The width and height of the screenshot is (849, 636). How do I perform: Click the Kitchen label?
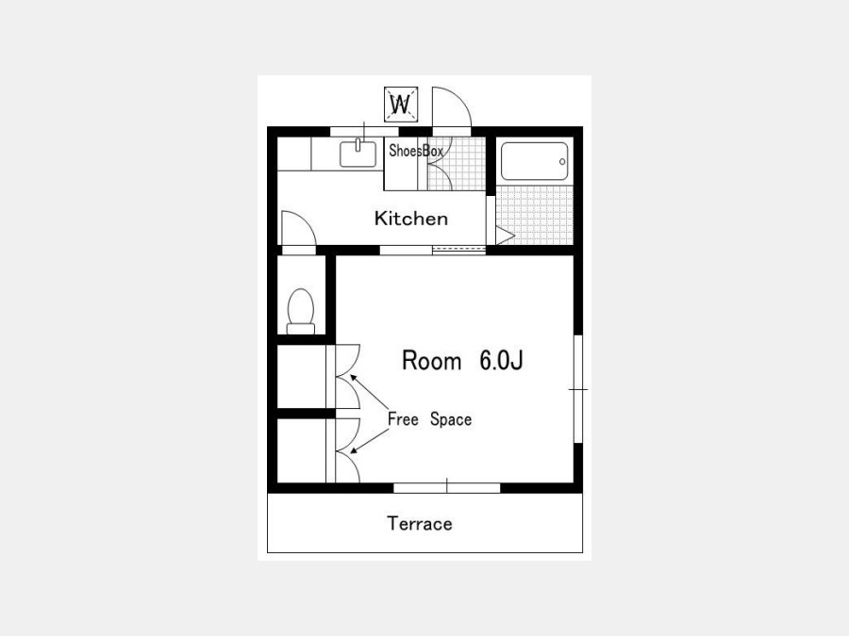411,219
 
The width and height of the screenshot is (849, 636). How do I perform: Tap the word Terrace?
420,524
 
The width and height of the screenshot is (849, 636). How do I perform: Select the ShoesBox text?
416,151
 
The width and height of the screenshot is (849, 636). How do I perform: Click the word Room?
431,361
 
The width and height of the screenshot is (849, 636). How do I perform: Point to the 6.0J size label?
502,361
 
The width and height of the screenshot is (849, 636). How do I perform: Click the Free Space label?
429,419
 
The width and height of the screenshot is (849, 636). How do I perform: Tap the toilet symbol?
301,312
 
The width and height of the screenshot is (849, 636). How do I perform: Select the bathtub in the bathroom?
535,161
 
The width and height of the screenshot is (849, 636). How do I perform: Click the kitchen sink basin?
358,155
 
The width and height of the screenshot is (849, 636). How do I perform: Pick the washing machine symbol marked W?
401,104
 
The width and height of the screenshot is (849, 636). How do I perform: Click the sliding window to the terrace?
447,488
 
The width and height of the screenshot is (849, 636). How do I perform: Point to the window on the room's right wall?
577,389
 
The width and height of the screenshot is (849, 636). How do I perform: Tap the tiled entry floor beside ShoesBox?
457,164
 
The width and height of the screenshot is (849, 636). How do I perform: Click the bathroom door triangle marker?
504,236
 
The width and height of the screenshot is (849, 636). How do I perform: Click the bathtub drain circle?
562,162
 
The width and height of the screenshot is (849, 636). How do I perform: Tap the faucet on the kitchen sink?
358,144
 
